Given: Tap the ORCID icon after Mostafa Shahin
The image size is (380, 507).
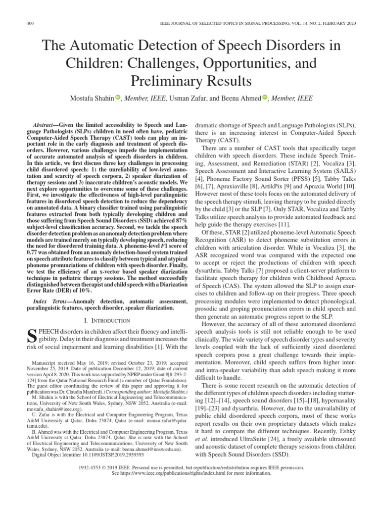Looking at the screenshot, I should [x=118, y=98].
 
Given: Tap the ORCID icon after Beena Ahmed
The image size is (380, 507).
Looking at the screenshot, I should [x=265, y=98].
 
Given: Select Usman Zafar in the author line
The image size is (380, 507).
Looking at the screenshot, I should [x=187, y=98].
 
